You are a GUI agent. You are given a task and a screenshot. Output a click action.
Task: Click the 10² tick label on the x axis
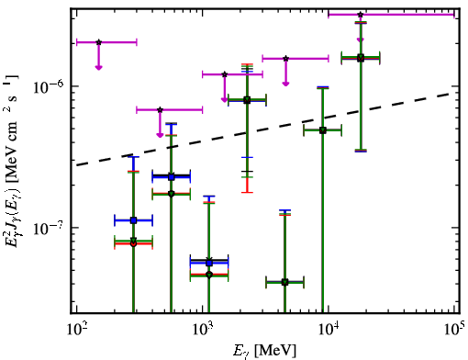click(x=77, y=331)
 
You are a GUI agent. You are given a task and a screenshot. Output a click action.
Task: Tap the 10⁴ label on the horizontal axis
click(x=329, y=331)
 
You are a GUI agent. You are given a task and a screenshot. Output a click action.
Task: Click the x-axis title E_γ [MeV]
click(x=264, y=351)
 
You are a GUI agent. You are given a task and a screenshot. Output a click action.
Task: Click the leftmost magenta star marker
click(x=98, y=42)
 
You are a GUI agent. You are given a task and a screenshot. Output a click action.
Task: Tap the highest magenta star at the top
click(x=361, y=15)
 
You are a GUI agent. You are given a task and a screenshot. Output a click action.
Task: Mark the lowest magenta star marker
click(x=160, y=109)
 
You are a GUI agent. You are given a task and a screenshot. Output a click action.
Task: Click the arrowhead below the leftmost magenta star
click(x=98, y=67)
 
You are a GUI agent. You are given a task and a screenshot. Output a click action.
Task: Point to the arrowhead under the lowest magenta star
click(x=160, y=135)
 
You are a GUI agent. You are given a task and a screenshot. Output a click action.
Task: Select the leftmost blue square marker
click(x=133, y=220)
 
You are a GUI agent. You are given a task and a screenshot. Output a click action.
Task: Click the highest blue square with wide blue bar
click(x=172, y=177)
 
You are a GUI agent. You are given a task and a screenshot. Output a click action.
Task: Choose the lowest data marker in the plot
click(x=285, y=282)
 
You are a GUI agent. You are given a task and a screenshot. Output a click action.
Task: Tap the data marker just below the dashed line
click(x=323, y=130)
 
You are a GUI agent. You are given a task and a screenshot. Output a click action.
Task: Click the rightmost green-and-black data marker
click(x=361, y=58)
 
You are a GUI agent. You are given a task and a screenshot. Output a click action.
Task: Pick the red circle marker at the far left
click(x=133, y=244)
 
